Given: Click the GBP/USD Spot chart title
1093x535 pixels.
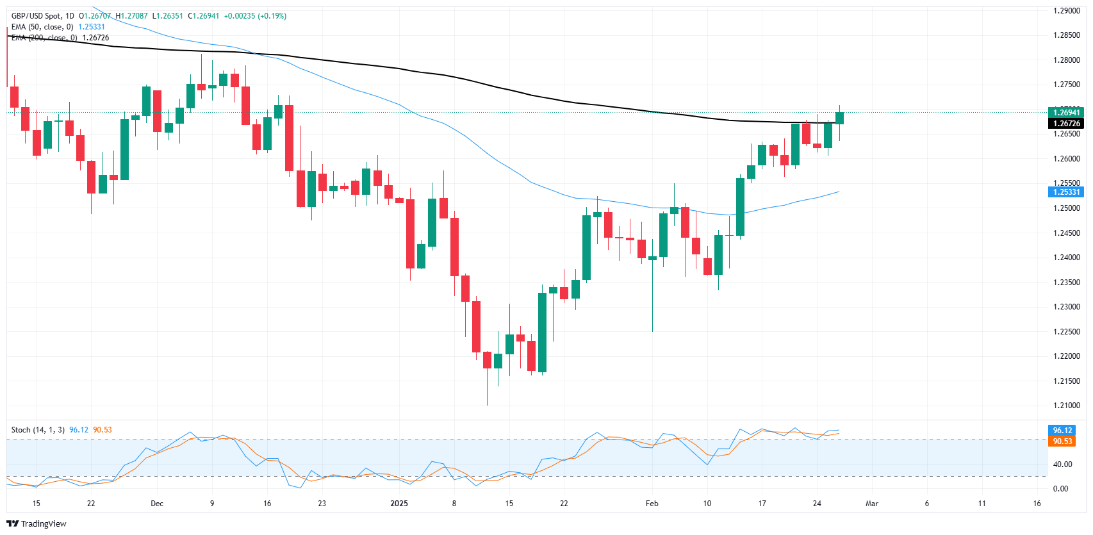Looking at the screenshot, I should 42,16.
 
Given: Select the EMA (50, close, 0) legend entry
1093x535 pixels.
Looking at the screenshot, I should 42,27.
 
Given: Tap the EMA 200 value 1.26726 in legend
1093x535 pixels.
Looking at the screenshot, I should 95,38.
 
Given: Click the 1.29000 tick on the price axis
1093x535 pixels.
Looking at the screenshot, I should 1066,11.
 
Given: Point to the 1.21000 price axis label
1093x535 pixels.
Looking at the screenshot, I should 1066,406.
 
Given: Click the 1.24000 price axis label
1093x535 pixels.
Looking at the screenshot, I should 1066,258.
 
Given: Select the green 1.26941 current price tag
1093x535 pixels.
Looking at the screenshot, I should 1066,113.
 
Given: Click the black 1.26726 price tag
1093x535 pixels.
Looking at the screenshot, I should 1066,124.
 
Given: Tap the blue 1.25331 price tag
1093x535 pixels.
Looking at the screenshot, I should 1066,192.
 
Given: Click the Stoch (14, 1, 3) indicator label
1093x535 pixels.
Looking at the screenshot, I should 38,430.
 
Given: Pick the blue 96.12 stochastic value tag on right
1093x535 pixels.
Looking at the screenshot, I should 1062,431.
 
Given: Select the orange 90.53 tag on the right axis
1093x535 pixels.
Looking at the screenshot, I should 1062,441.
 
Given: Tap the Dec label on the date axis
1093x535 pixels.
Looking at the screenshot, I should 157,504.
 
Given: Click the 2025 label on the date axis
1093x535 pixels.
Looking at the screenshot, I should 399,504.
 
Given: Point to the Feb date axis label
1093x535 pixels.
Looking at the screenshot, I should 652,504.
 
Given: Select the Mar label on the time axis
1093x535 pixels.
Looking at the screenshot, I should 871,504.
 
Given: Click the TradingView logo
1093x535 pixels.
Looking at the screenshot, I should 37,524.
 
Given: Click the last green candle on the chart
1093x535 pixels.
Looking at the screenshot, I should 839,118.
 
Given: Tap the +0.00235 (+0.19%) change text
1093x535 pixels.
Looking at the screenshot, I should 254,16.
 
